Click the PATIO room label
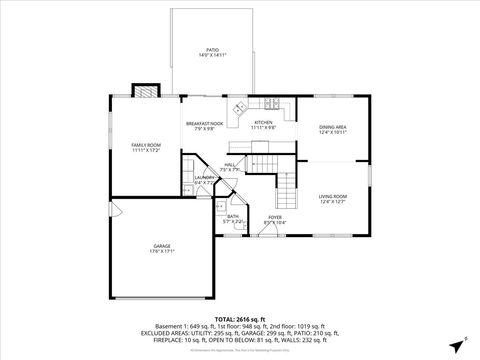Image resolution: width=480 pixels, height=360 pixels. click(x=212, y=48)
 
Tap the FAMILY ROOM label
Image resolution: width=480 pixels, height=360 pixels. click(x=146, y=145)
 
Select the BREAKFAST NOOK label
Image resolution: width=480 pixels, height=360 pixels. click(x=204, y=124)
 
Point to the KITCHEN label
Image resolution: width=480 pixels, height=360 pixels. click(x=263, y=123)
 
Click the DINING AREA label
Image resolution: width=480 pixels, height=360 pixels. click(x=333, y=127)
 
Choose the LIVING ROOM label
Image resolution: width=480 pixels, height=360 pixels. click(x=333, y=196)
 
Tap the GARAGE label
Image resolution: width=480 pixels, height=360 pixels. click(x=162, y=246)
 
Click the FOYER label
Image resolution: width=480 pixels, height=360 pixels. click(x=274, y=216)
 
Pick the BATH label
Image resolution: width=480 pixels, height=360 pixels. click(x=232, y=216)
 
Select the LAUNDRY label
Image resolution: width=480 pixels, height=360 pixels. click(x=203, y=177)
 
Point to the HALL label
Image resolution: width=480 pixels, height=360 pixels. click(x=230, y=165)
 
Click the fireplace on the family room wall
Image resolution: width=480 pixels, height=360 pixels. click(x=147, y=90)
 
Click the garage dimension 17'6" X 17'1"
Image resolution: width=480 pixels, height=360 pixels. click(x=162, y=252)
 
